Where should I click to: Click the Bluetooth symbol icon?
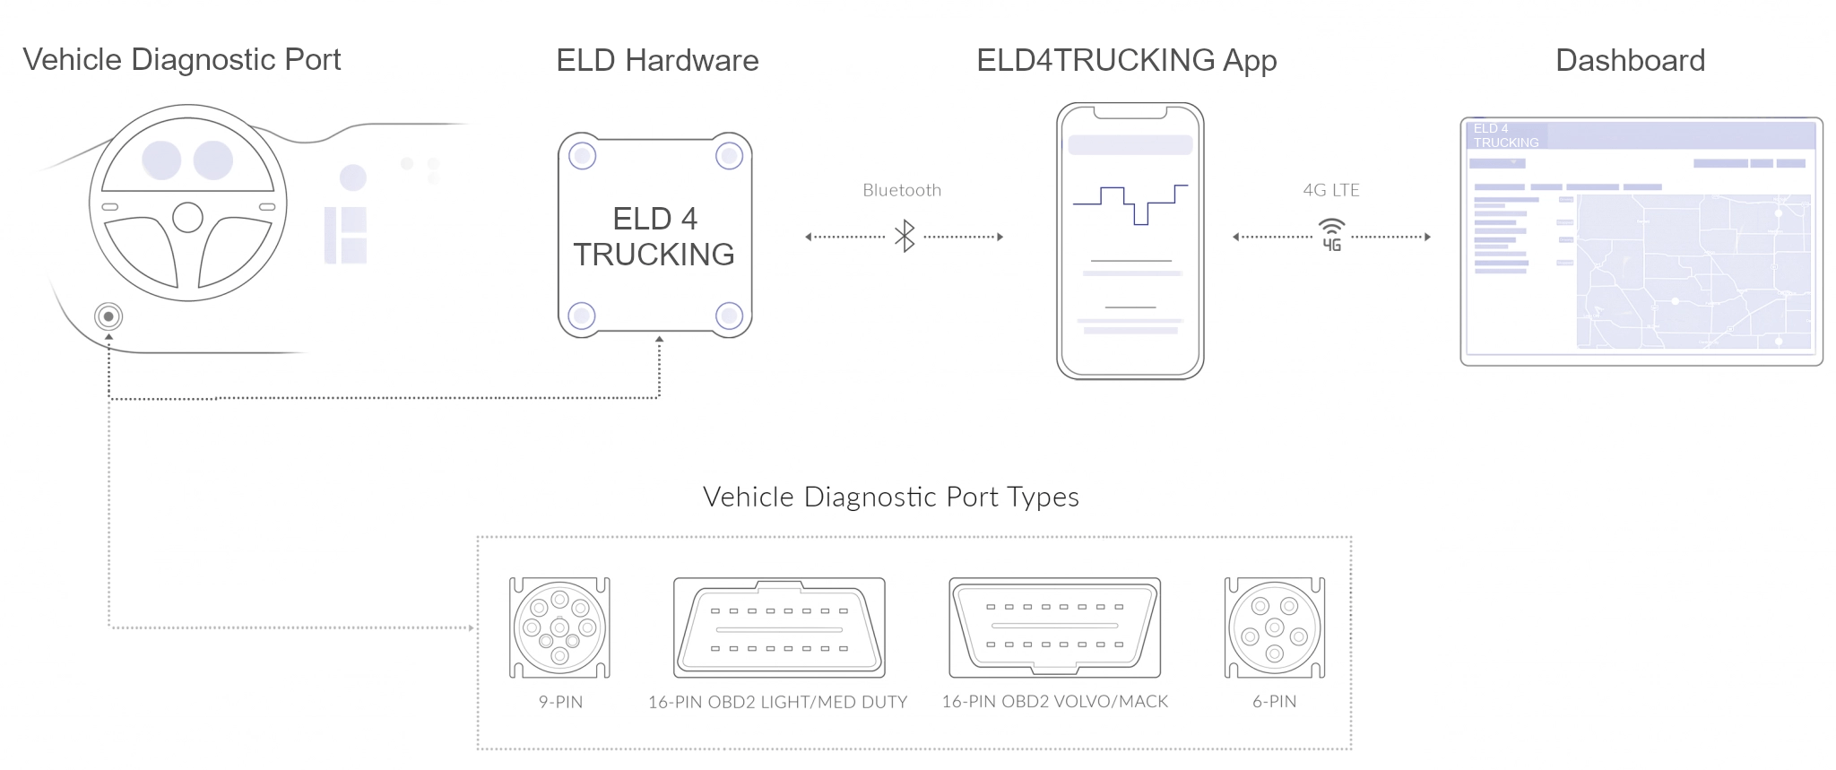[x=905, y=237]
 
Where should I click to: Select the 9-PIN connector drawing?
[x=559, y=627]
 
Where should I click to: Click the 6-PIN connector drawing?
[x=1274, y=627]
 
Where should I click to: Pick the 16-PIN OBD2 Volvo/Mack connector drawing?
[x=1054, y=627]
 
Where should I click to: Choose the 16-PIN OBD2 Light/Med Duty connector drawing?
[x=779, y=627]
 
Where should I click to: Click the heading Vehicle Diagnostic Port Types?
[x=890, y=497]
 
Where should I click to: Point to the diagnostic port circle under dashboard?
[x=108, y=316]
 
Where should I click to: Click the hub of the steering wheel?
[x=187, y=217]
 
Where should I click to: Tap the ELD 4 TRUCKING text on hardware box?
[x=654, y=237]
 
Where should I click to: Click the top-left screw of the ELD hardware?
[x=583, y=156]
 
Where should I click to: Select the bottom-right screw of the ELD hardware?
[x=729, y=316]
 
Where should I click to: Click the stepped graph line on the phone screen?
[x=1130, y=204]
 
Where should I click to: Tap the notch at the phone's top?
[x=1130, y=112]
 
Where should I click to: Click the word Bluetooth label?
[x=902, y=190]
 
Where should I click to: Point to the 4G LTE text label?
[x=1331, y=190]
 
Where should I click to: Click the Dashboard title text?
[x=1630, y=60]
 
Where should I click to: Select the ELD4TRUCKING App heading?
[x=1126, y=60]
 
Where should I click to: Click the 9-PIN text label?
[x=560, y=702]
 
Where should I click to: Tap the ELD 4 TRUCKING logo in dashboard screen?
[x=1505, y=135]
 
